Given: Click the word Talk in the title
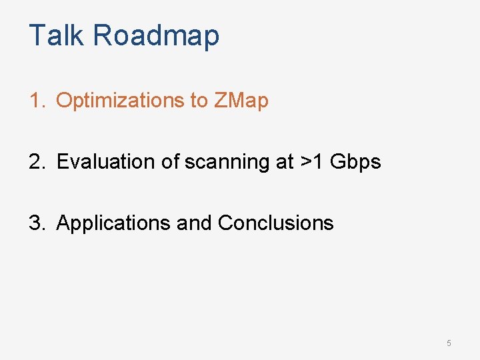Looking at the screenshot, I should (x=57, y=35).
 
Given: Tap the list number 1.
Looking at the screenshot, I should (x=36, y=101).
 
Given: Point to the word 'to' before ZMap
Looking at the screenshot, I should (x=199, y=101).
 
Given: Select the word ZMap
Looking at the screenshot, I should (x=241, y=101).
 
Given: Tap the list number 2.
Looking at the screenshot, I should (x=36, y=161).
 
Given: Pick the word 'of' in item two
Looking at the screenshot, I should (x=172, y=161).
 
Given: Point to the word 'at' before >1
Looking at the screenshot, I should (x=284, y=161).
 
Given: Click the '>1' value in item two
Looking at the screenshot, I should (x=311, y=161).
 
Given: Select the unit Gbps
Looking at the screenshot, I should (x=355, y=161).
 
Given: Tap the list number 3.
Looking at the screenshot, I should (x=36, y=223).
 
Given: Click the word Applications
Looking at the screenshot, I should (x=113, y=223).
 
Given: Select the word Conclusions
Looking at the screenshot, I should (x=275, y=223).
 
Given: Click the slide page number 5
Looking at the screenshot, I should (x=449, y=343).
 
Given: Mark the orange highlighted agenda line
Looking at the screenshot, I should (x=149, y=101).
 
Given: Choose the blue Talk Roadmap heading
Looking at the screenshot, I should (x=124, y=35).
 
